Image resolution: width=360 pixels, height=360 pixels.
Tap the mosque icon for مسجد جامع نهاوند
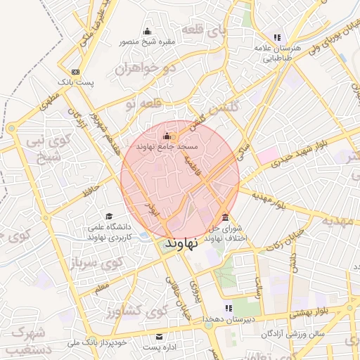(167, 136)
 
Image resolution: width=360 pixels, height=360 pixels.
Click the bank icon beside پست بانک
(75, 72)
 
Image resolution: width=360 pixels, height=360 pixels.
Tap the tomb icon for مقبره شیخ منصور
(147, 30)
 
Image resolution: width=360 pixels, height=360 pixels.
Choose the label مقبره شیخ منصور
(146, 41)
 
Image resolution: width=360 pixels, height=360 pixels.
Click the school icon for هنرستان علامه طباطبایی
(277, 37)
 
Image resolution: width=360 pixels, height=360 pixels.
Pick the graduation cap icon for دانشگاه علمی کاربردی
(108, 216)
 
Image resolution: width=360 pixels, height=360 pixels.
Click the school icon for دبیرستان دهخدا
(227, 308)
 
